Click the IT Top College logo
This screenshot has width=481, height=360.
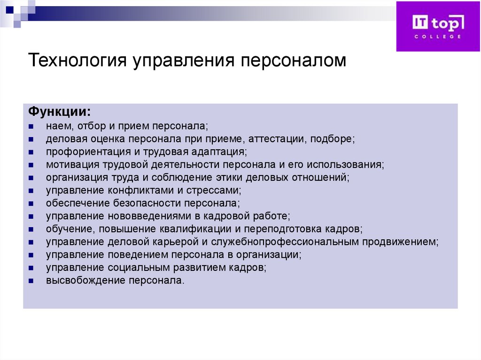coord(438,26)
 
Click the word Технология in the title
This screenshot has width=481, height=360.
coord(77,61)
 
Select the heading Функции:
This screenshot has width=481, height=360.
coord(60,113)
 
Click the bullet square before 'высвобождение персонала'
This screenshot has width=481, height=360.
coord(31,281)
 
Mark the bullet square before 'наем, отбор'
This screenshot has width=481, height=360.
coord(31,127)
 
